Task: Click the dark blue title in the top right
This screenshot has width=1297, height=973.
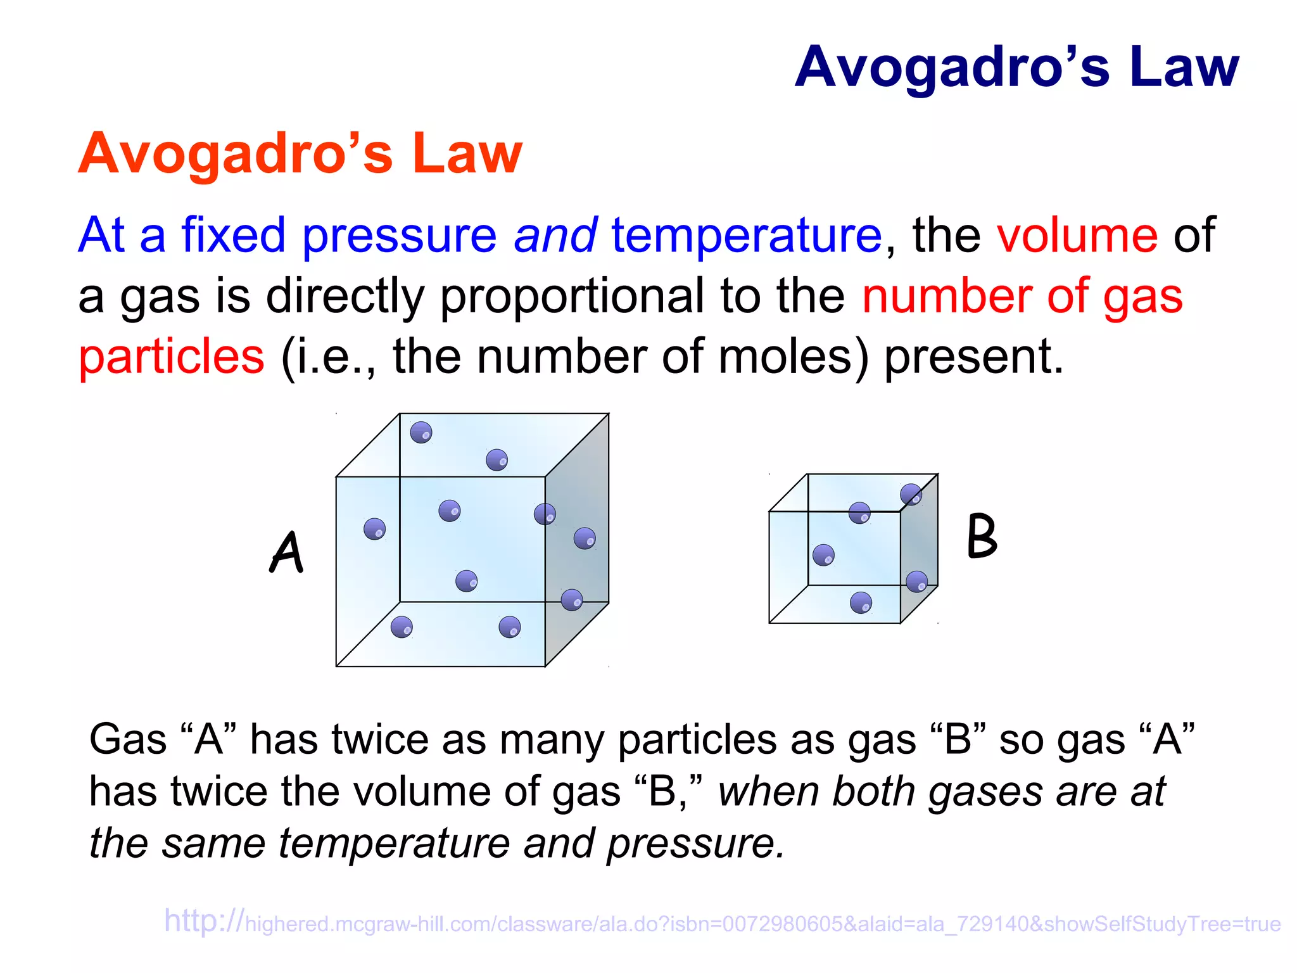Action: pos(1016,67)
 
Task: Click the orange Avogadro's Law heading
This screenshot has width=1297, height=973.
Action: pos(300,153)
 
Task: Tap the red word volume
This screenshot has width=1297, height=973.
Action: pos(1077,236)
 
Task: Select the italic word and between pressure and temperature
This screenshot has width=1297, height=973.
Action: pos(555,236)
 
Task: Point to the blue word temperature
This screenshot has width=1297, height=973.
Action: pos(746,236)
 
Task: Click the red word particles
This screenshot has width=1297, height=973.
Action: pos(171,357)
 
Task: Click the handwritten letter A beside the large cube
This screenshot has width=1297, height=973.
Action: pos(287,552)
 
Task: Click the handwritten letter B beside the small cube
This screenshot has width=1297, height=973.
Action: pos(982,537)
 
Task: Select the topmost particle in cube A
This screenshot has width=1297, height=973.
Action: pos(421,433)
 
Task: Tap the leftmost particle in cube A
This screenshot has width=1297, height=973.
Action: pos(374,529)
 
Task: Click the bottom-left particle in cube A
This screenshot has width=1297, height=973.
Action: pos(402,627)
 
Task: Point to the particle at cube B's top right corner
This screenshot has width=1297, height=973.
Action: pos(911,494)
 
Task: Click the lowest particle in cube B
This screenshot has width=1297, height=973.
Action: pos(861,602)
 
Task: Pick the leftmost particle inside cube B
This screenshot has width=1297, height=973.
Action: pos(823,555)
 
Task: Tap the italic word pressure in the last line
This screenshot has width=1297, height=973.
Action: pos(695,844)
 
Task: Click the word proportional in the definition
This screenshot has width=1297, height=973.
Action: pos(571,296)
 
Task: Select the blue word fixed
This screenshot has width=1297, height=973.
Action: pos(233,236)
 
